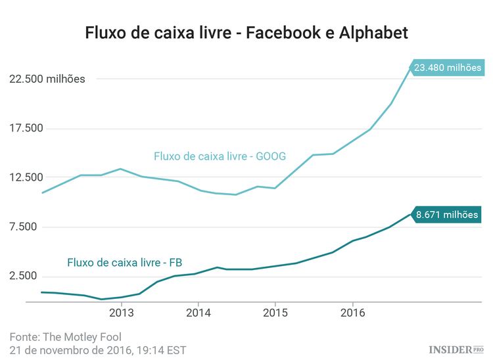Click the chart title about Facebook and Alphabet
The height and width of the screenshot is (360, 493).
pyautogui.click(x=246, y=32)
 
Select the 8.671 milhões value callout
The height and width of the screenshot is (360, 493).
pyautogui.click(x=447, y=214)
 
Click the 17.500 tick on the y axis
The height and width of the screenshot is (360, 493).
pyautogui.click(x=24, y=128)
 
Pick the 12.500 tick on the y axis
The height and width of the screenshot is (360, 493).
pyautogui.click(x=24, y=177)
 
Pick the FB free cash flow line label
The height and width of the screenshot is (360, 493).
pyautogui.click(x=125, y=263)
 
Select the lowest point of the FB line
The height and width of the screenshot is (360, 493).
pyautogui.click(x=101, y=299)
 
